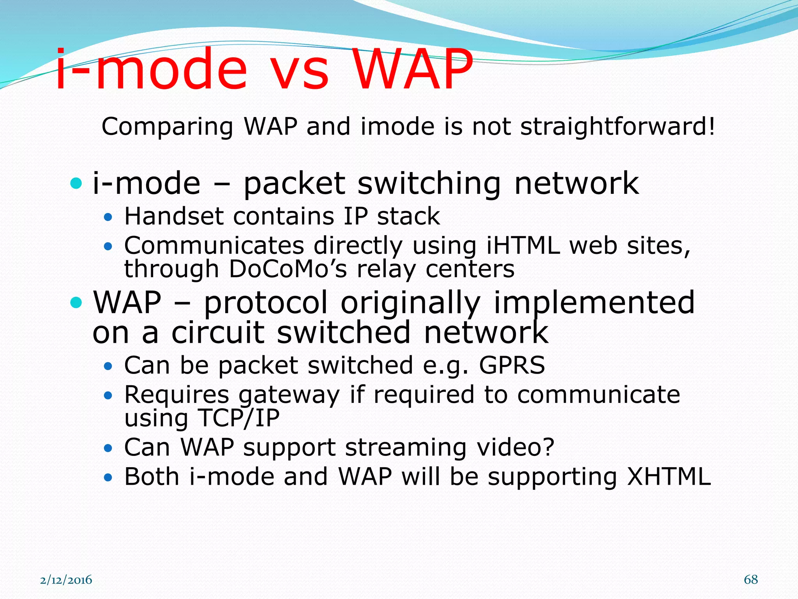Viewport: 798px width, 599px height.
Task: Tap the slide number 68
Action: click(x=751, y=580)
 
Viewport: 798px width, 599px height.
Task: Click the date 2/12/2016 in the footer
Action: click(x=66, y=580)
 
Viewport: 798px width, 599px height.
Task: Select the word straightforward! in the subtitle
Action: click(x=618, y=127)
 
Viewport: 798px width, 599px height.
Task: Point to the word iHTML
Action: click(x=523, y=246)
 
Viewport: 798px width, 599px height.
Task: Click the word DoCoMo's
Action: click(x=288, y=269)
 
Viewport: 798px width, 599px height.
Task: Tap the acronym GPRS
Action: click(x=512, y=365)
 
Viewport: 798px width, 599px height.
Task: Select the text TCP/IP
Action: click(x=239, y=418)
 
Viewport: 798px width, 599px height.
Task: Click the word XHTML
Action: click(x=669, y=477)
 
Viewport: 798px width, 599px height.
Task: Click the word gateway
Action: click(x=289, y=395)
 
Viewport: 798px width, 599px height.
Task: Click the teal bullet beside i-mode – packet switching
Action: click(x=76, y=183)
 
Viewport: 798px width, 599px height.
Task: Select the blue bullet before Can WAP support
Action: click(x=108, y=448)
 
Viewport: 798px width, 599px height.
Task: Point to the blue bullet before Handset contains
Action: click(x=108, y=218)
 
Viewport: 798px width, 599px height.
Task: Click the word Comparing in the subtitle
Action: click(x=168, y=127)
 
